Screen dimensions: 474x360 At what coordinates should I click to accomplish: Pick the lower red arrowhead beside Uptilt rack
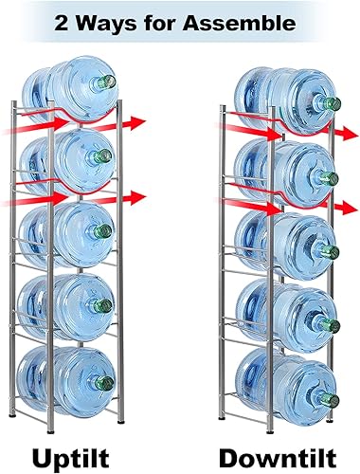click(138, 196)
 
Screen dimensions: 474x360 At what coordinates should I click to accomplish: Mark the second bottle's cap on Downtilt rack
click(332, 177)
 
